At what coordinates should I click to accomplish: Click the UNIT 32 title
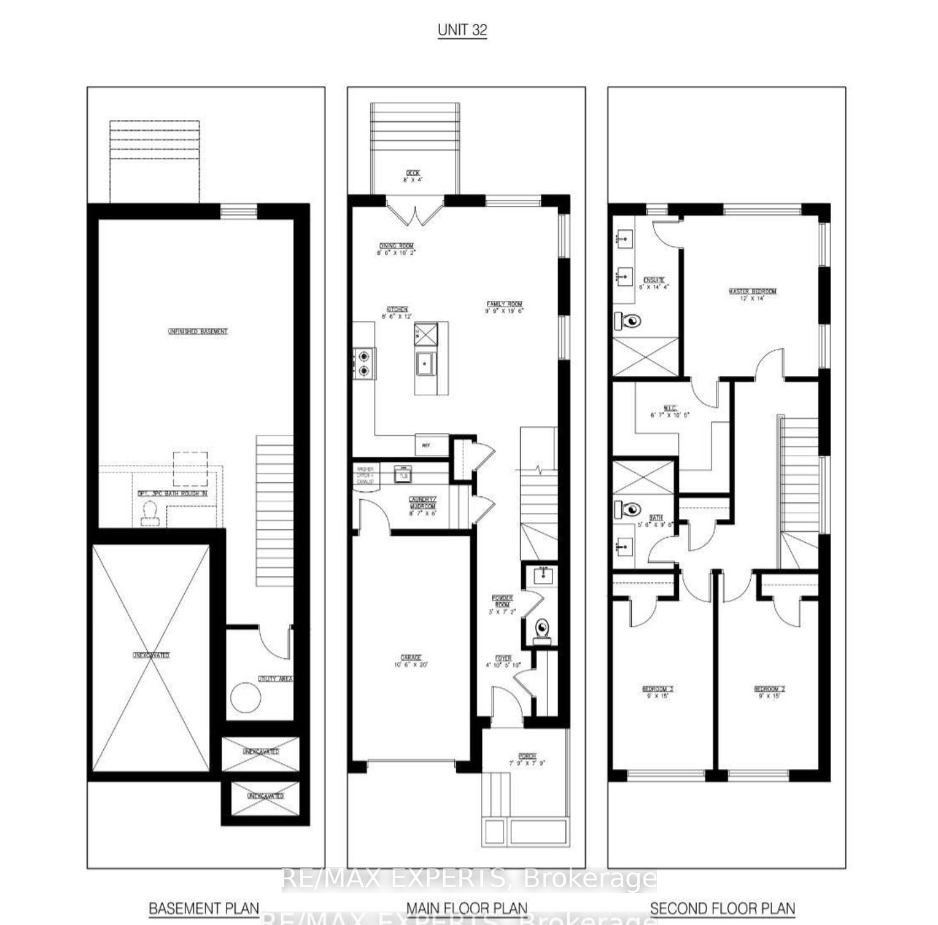coord(462,30)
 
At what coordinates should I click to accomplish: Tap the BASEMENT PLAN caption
coord(204,908)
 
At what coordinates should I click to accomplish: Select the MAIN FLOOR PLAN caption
coord(466,908)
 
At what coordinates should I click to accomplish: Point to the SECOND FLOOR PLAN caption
coord(722,908)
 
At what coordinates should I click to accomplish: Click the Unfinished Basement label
coord(198,332)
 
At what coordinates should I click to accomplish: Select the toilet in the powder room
coord(543,628)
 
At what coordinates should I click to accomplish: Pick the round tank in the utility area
coord(245,698)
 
